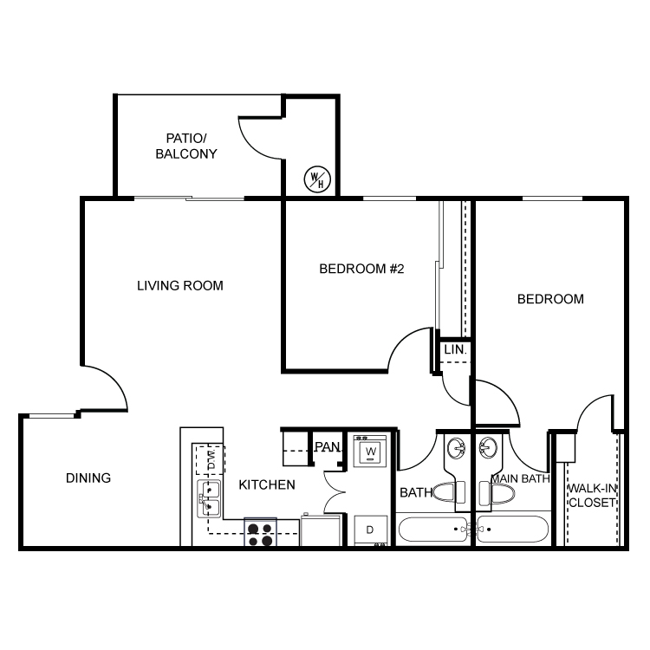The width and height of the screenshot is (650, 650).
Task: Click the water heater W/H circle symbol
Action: (x=317, y=179)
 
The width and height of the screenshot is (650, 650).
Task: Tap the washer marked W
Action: (x=370, y=451)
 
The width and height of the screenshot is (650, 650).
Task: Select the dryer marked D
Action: (x=371, y=530)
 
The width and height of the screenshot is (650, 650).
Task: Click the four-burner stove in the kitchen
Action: (x=260, y=532)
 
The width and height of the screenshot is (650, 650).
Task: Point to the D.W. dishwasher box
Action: (x=211, y=459)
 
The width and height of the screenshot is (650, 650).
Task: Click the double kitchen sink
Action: (x=209, y=498)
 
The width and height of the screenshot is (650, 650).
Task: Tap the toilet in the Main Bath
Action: (x=497, y=493)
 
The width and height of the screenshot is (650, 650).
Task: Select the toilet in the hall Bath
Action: (x=449, y=492)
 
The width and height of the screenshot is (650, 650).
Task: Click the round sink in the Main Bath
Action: (x=488, y=448)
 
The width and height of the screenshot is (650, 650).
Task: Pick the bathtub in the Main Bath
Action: (x=513, y=529)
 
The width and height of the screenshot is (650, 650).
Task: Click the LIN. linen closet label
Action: (x=455, y=349)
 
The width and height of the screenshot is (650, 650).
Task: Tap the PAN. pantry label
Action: (x=328, y=447)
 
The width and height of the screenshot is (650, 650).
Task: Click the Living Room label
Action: (x=180, y=286)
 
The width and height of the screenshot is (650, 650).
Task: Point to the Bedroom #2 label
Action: (x=361, y=269)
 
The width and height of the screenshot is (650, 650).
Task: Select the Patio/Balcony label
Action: (x=186, y=146)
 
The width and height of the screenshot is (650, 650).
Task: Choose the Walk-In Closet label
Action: (x=592, y=496)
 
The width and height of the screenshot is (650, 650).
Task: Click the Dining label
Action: (x=88, y=478)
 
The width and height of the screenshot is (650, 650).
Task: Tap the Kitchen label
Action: (x=267, y=484)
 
